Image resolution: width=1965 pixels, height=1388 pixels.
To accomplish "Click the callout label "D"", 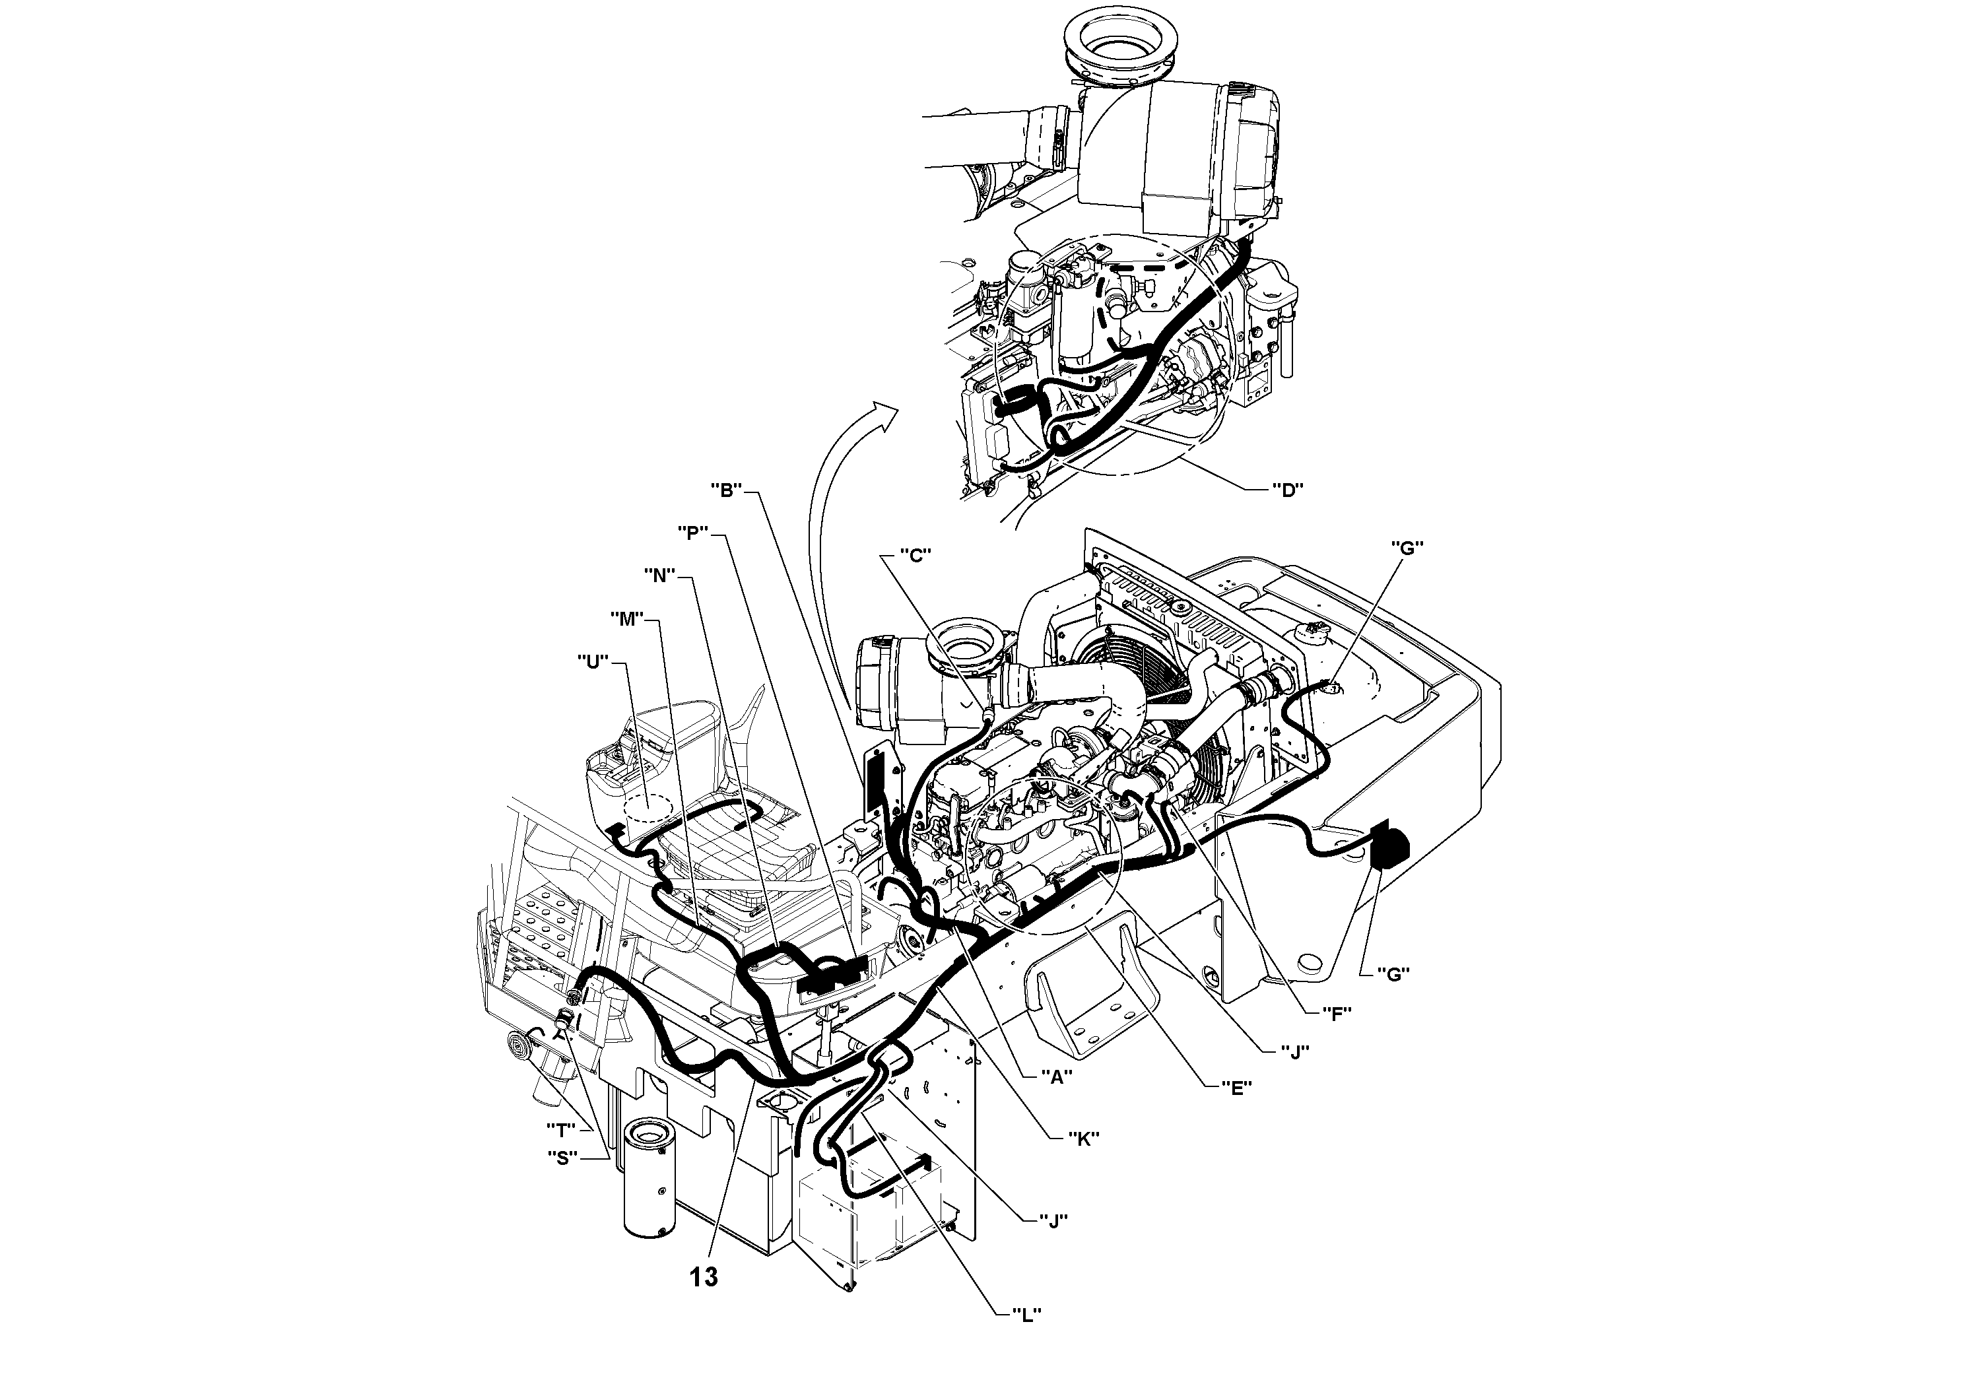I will click(x=1286, y=490).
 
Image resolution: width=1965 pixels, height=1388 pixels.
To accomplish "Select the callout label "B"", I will click(x=726, y=490).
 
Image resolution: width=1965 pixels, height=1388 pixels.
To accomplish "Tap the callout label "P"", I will click(x=692, y=532).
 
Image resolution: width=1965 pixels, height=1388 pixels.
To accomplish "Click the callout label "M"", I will click(x=626, y=618).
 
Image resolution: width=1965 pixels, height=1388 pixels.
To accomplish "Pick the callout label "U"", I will click(x=592, y=661).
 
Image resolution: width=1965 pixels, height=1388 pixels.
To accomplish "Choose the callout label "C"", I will click(x=915, y=555).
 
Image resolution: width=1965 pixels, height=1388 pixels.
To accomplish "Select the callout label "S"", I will click(x=562, y=1158).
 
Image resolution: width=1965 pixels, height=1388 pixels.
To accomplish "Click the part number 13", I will click(x=704, y=1276).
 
